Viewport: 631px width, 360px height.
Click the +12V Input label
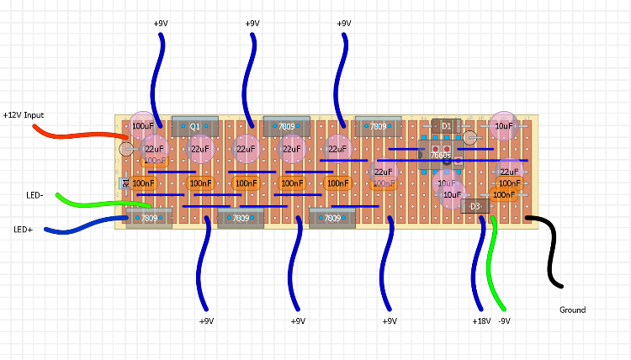pyautogui.click(x=24, y=114)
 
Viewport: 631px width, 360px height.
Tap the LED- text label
pyautogui.click(x=34, y=195)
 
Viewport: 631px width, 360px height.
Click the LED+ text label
pyautogui.click(x=24, y=229)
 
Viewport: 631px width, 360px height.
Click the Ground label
pyautogui.click(x=572, y=310)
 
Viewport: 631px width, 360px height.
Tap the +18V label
pyautogui.click(x=481, y=321)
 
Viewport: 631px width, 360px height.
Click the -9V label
pyautogui.click(x=505, y=321)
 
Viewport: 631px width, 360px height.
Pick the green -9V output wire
pyautogui.click(x=497, y=269)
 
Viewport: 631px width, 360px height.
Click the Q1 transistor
pyautogui.click(x=194, y=126)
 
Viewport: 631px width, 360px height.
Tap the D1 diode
pyautogui.click(x=446, y=126)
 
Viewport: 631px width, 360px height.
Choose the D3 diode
pyautogui.click(x=475, y=206)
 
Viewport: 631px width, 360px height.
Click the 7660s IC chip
pyautogui.click(x=440, y=156)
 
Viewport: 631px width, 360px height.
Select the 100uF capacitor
pyautogui.click(x=142, y=126)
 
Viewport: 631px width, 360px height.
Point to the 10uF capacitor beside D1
pyautogui.click(x=503, y=126)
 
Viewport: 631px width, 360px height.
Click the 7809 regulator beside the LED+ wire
pyautogui.click(x=149, y=218)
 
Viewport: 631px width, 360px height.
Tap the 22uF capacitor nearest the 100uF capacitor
pyautogui.click(x=154, y=150)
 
